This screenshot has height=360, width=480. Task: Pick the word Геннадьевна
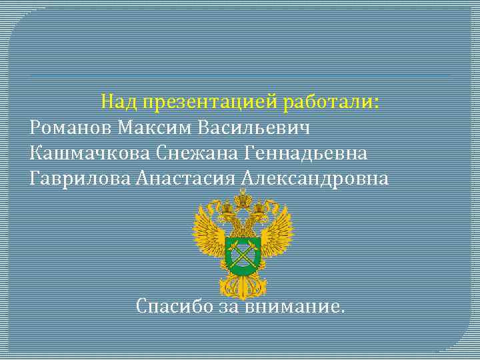coord(307,153)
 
